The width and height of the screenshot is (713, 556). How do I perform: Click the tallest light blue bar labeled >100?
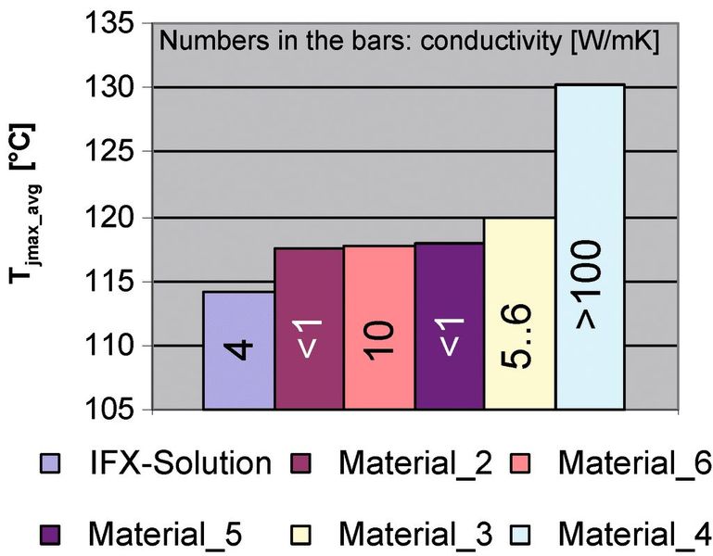(x=590, y=247)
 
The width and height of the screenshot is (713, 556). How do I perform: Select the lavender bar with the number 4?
(x=238, y=350)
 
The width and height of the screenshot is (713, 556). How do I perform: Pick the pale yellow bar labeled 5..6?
(x=520, y=314)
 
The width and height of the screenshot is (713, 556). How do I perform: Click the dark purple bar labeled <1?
(x=450, y=326)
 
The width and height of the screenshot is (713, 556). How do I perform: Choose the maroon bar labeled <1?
(x=309, y=328)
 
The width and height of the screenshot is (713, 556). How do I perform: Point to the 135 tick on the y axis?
(x=115, y=22)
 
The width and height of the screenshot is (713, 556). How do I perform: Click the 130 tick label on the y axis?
(x=115, y=87)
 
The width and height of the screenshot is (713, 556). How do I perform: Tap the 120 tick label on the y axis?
(x=115, y=217)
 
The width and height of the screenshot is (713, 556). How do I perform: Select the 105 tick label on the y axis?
(x=115, y=410)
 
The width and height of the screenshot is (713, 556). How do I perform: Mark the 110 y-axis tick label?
(x=115, y=346)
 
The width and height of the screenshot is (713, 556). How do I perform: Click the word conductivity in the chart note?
(x=466, y=43)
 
